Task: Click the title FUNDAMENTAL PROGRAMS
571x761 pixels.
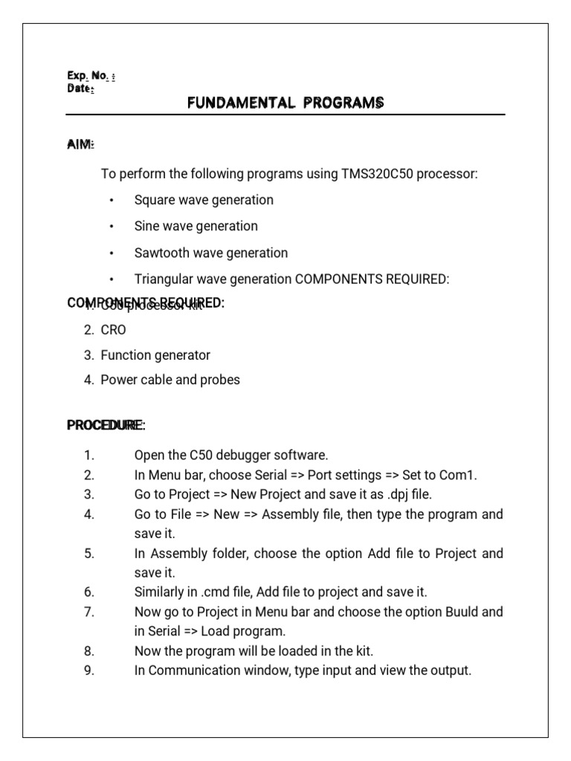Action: coord(285,103)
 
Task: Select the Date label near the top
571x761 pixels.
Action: coord(80,88)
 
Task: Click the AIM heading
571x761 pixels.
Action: coord(81,144)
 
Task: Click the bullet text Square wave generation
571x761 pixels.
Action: coord(204,200)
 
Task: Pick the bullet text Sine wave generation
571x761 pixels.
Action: coord(196,226)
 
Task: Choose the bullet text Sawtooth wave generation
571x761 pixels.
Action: coord(210,253)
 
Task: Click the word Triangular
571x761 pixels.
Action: coord(161,279)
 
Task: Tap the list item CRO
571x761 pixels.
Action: coord(113,330)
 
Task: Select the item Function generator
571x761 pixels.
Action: coord(155,355)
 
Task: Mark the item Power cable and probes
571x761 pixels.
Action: coord(170,380)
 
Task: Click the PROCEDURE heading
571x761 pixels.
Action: coord(106,426)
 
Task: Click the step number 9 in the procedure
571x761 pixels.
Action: coord(89,670)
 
